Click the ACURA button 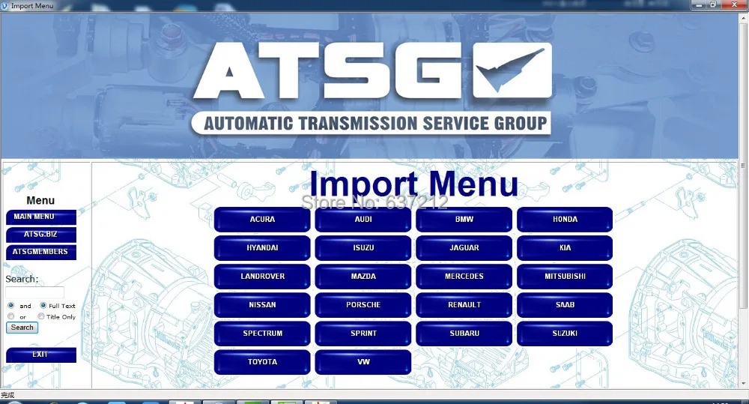pyautogui.click(x=262, y=220)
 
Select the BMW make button pyautogui.click(x=464, y=220)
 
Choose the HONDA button pyautogui.click(x=565, y=220)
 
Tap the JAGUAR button pyautogui.click(x=464, y=248)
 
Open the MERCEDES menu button pyautogui.click(x=464, y=277)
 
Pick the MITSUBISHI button pyautogui.click(x=565, y=277)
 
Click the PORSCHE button pyautogui.click(x=363, y=305)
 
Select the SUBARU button pyautogui.click(x=464, y=334)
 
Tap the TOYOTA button pyautogui.click(x=262, y=362)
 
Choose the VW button pyautogui.click(x=363, y=362)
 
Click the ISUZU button pyautogui.click(x=363, y=248)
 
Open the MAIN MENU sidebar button pyautogui.click(x=41, y=217)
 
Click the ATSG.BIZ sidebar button pyautogui.click(x=41, y=235)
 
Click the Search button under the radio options pyautogui.click(x=22, y=328)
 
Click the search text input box pyautogui.click(x=34, y=293)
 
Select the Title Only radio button pyautogui.click(x=41, y=317)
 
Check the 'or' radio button pyautogui.click(x=11, y=317)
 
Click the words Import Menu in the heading pyautogui.click(x=413, y=184)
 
